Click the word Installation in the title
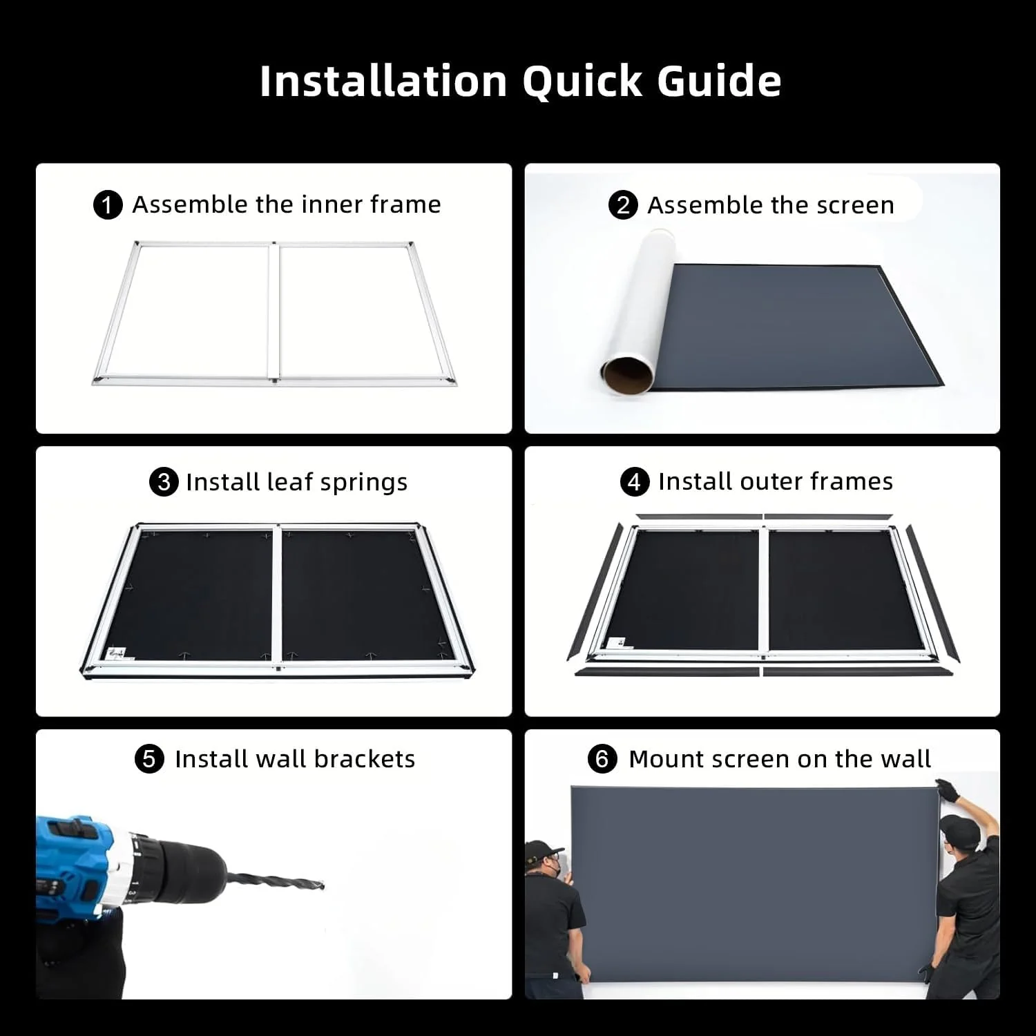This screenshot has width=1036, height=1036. (x=383, y=81)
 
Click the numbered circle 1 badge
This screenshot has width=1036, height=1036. (x=107, y=205)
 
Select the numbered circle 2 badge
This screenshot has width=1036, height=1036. (x=623, y=205)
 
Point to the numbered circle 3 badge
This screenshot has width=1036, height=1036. (x=164, y=481)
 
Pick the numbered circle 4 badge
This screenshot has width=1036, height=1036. (x=634, y=481)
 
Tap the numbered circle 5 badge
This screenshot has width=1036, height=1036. (x=149, y=759)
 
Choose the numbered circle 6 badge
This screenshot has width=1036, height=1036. (x=602, y=759)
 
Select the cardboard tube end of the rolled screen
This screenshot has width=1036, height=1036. (x=626, y=374)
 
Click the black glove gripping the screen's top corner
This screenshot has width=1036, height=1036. (x=948, y=789)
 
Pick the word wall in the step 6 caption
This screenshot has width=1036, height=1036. (x=905, y=759)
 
